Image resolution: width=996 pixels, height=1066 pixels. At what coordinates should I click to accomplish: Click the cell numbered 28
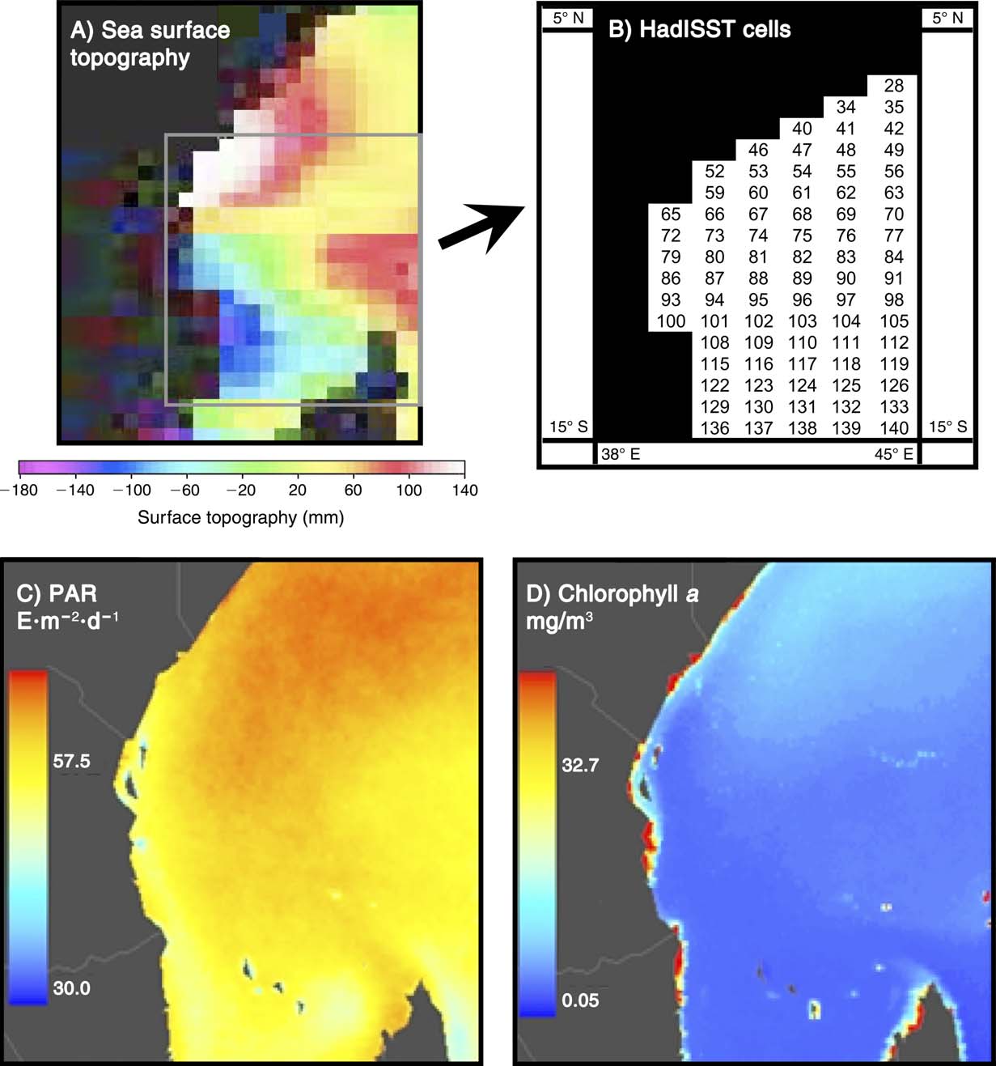[894, 86]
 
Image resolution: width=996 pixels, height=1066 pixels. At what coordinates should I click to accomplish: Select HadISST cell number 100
[671, 321]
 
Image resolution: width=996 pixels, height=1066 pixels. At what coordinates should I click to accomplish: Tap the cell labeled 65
[671, 214]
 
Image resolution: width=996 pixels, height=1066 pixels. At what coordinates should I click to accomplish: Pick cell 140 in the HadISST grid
[894, 428]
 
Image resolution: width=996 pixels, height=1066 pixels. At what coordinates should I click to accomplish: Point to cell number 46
[758, 151]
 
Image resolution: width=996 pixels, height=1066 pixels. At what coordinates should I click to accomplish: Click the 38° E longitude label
[621, 455]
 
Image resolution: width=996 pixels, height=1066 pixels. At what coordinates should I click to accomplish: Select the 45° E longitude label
[893, 455]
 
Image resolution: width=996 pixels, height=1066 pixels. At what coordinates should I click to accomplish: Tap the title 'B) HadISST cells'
[699, 30]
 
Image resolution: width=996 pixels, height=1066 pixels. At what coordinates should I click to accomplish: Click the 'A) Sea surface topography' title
[150, 44]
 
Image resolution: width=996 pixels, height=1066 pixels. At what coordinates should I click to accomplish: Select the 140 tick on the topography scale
[464, 491]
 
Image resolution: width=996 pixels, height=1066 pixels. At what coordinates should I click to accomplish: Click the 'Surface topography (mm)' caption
[240, 518]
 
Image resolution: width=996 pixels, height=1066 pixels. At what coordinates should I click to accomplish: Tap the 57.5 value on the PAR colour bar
[72, 762]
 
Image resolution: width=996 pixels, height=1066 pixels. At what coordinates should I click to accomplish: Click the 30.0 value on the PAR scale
[72, 988]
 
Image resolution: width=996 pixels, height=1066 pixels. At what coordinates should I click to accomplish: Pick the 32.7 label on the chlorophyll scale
[580, 766]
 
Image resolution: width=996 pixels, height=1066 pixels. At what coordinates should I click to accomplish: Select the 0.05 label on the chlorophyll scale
[580, 1000]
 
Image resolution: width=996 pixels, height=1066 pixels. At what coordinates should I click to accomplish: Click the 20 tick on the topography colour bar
[297, 491]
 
